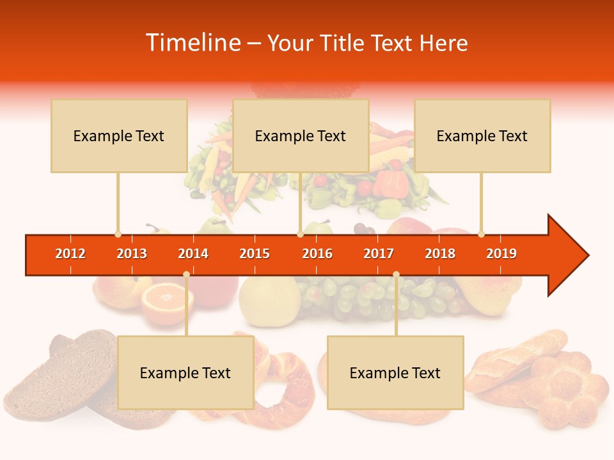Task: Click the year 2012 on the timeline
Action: coord(70,254)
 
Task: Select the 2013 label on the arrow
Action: coord(132,254)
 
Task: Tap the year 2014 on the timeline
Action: coord(193,254)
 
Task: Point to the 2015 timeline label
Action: coord(255,254)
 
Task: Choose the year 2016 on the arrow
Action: coord(317,254)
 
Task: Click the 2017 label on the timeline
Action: coord(379,254)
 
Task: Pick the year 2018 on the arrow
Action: coord(440,254)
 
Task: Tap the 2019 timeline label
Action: coord(501,254)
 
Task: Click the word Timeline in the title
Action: coord(192,43)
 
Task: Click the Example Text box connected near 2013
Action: coord(119,135)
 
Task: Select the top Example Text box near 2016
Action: coord(301,135)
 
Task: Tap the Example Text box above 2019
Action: coord(482,135)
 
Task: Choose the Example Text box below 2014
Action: coord(185,372)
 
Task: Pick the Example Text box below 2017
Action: coord(395,372)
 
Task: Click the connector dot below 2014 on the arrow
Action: coord(186,274)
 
